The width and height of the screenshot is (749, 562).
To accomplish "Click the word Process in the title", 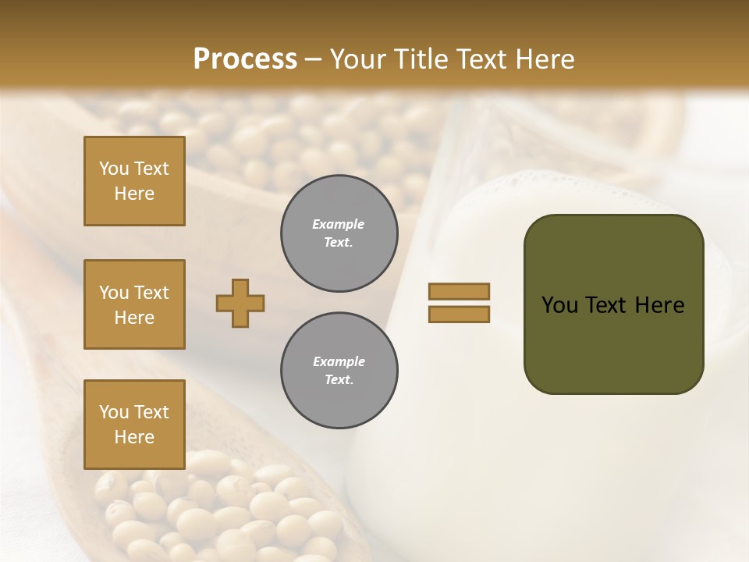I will pyautogui.click(x=245, y=59).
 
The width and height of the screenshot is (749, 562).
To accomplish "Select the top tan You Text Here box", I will pyautogui.click(x=134, y=181).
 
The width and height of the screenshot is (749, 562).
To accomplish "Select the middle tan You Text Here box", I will pyautogui.click(x=134, y=304).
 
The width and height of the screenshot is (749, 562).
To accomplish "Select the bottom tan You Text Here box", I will pyautogui.click(x=134, y=424).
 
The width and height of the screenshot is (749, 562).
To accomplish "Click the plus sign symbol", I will pyautogui.click(x=240, y=303).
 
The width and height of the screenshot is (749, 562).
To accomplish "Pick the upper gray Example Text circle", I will pyautogui.click(x=339, y=233).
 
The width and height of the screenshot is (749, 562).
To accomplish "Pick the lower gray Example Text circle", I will pyautogui.click(x=339, y=370).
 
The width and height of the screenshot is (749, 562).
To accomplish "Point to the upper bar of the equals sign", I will pyautogui.click(x=459, y=291).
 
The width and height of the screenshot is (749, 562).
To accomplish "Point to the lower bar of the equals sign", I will pyautogui.click(x=459, y=315).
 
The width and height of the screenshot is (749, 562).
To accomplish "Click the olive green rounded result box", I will pyautogui.click(x=613, y=343).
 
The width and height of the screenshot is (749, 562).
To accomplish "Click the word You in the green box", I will pyautogui.click(x=559, y=305).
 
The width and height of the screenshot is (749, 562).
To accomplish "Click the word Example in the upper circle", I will pyautogui.click(x=339, y=224).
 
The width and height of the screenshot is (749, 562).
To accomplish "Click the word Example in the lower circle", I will pyautogui.click(x=339, y=361).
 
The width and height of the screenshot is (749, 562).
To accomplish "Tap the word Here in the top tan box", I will pyautogui.click(x=134, y=194).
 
